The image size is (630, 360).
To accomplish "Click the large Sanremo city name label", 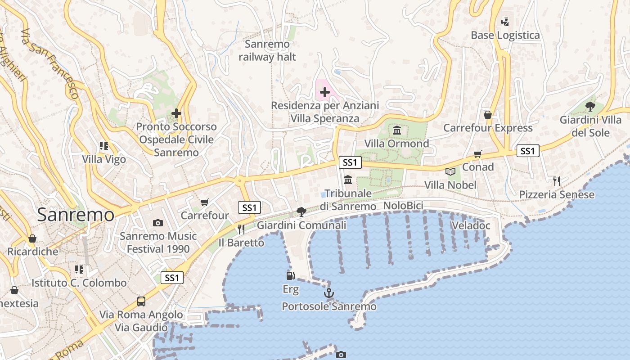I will point(76,215).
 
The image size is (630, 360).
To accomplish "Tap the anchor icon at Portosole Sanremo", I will point(329,293).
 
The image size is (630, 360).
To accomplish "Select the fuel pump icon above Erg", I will point(290,275).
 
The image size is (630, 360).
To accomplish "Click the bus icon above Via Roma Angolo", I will point(141,301).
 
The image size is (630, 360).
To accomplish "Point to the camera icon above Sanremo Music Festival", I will point(158,223).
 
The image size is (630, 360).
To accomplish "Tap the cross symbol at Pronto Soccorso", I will point(176,113).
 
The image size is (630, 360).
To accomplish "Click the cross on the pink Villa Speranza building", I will point(324,93).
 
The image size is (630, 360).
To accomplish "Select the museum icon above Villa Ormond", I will point(397,130).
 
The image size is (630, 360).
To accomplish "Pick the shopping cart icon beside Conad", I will point(478,154).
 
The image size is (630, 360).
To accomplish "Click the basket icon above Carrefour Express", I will point(488,115).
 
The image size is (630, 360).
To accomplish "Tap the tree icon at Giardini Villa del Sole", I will point(590,107).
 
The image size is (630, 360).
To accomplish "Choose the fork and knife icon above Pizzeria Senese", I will point(557,181).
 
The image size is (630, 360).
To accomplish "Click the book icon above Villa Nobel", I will point(450,171).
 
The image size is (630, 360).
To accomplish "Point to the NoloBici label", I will point(403,206).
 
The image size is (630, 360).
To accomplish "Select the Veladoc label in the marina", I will point(471,225).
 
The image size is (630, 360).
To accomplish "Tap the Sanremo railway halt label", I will point(267,50).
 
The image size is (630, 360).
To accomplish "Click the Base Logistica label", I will point(505,35).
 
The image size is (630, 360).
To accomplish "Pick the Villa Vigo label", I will point(104,159).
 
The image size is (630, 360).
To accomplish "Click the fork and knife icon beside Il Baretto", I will point(241,229).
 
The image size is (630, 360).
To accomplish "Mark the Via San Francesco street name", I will point(51,63).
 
